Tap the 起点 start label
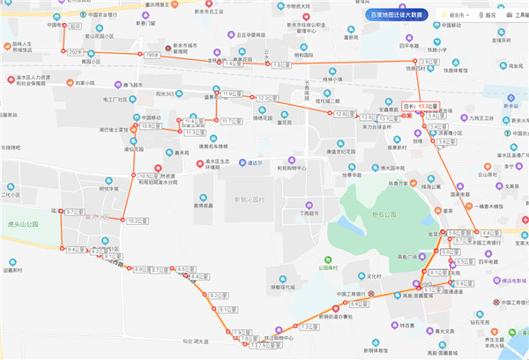click(x=74, y=27)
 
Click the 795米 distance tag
click(x=153, y=55)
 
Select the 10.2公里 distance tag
click(x=136, y=220)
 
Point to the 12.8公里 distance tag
click(x=344, y=114)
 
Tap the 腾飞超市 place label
click(x=138, y=85)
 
